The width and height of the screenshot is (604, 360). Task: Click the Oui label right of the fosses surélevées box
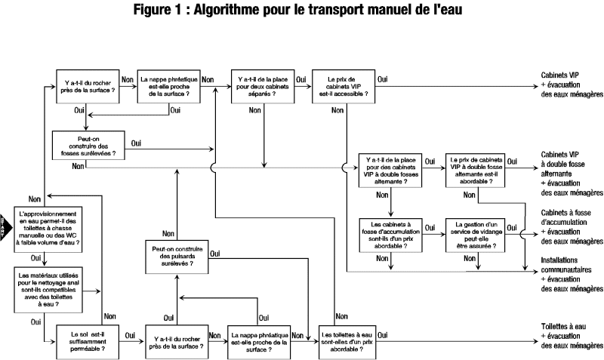[137, 143]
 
